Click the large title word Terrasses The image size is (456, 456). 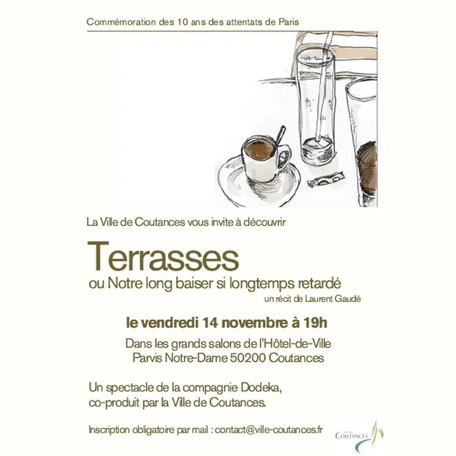(163, 256)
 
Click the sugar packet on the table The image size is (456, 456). (326, 179)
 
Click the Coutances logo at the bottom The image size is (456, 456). (359, 436)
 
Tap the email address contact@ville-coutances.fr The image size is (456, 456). (269, 430)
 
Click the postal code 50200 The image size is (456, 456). (248, 358)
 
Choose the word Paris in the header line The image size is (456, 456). (289, 22)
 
